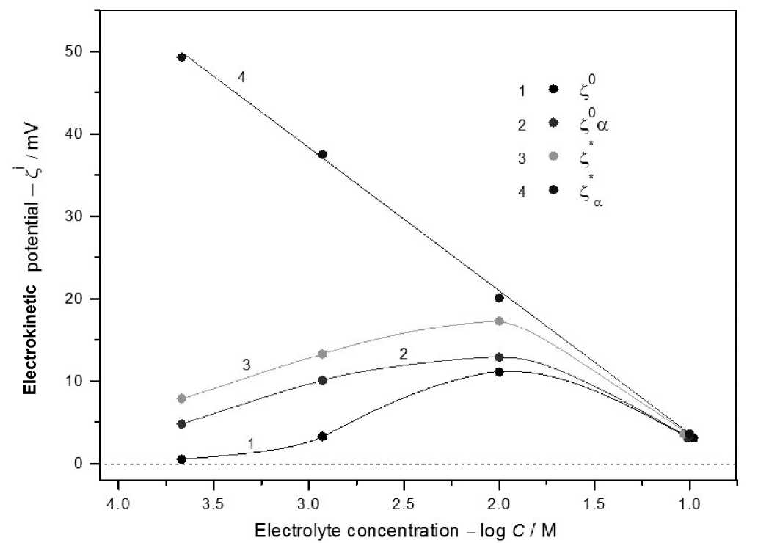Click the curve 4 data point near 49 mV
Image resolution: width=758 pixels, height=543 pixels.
point(181,57)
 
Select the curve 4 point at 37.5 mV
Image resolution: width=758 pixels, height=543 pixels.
point(322,154)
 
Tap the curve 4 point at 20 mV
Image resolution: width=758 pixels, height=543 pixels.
point(499,298)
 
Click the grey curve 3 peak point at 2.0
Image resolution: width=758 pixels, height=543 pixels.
point(499,321)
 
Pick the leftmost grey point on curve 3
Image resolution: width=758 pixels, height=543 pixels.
point(181,398)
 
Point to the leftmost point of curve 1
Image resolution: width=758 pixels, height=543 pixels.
point(181,459)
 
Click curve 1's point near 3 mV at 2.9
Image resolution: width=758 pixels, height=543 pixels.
point(322,436)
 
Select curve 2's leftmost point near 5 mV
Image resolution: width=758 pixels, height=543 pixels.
point(181,424)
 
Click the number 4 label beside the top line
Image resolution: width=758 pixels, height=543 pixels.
point(241,76)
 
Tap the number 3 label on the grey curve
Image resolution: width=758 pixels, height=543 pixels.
point(247,364)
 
